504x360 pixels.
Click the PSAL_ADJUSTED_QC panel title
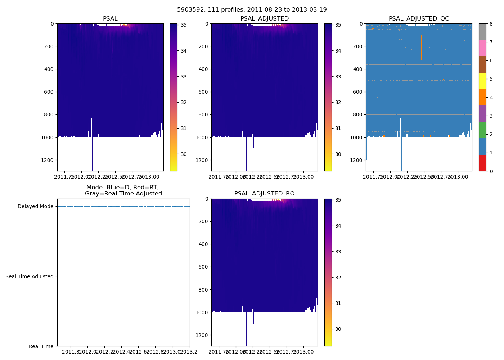[x=419, y=19]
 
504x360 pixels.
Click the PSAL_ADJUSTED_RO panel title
[x=264, y=194]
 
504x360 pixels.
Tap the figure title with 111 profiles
[x=252, y=10]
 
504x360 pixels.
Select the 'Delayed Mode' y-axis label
[x=35, y=207]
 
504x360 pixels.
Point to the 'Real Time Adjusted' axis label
[x=30, y=276]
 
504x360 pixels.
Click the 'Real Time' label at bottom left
[x=41, y=346]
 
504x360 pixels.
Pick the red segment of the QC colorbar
[x=482, y=163]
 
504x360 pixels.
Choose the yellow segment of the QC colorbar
[x=482, y=81]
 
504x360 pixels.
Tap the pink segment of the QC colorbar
[x=482, y=48]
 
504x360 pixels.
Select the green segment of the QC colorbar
[x=482, y=130]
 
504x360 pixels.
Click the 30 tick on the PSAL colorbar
[x=184, y=154]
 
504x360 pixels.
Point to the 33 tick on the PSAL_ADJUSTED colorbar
[x=338, y=77]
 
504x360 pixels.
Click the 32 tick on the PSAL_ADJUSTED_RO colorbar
[x=338, y=278]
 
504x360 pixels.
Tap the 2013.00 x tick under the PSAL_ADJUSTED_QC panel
[x=458, y=177]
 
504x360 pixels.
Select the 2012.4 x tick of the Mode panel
[x=121, y=352]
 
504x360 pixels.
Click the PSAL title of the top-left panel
[x=110, y=19]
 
